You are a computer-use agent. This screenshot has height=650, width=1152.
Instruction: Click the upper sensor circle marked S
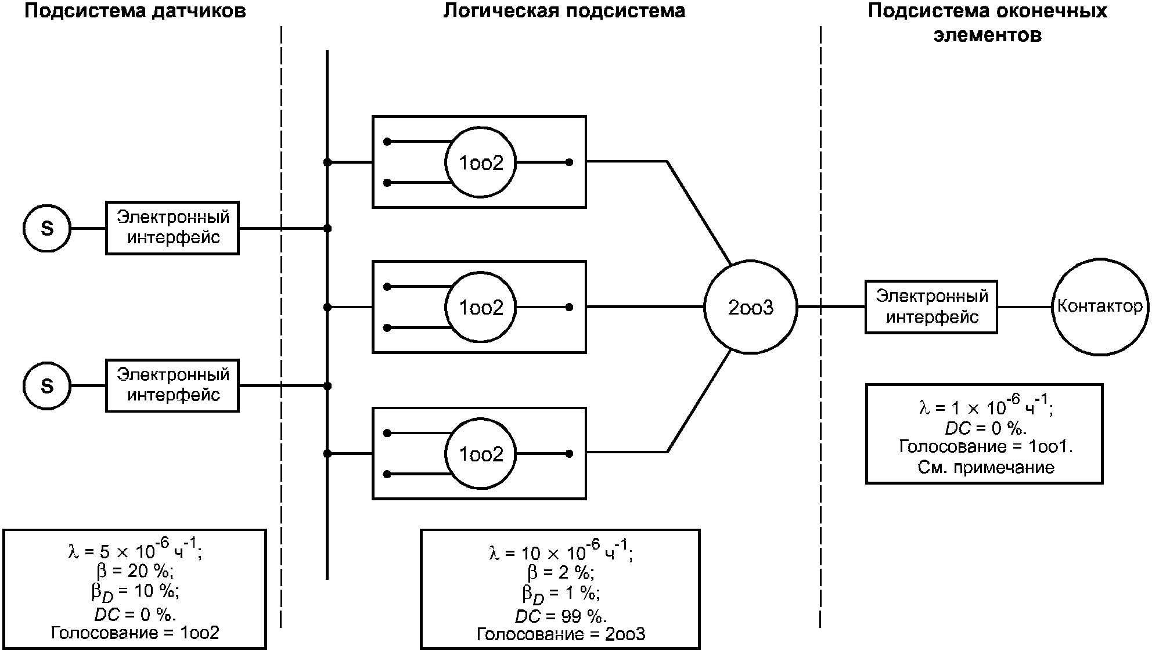tap(46, 228)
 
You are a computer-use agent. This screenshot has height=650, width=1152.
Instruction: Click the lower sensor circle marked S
tap(46, 386)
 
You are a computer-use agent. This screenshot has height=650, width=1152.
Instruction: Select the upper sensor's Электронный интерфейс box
tap(172, 228)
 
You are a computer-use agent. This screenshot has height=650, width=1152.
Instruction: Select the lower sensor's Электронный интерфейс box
tap(172, 386)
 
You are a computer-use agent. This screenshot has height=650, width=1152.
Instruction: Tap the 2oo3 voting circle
tap(751, 307)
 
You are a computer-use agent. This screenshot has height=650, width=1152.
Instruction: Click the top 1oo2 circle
tap(481, 163)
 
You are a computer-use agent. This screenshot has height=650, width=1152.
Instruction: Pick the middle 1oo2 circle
tap(481, 308)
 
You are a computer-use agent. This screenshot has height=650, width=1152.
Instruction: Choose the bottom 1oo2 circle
tap(481, 454)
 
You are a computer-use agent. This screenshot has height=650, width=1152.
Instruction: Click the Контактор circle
tap(1100, 307)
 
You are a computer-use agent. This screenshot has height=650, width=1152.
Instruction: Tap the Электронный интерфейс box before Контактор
tap(931, 307)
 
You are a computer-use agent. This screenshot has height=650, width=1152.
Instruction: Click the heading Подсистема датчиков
tap(135, 11)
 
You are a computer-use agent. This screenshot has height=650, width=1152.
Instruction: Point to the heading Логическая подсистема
tap(564, 11)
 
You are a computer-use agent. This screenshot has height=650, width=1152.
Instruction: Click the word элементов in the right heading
tap(987, 35)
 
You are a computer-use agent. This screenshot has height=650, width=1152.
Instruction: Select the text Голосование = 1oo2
tap(135, 633)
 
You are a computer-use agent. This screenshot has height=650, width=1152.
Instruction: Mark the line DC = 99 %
tap(561, 616)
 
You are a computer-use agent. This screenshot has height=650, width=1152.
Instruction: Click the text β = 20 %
tap(135, 571)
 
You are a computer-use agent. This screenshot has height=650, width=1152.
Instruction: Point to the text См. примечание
tap(986, 467)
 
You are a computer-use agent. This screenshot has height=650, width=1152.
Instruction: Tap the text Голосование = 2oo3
tap(561, 634)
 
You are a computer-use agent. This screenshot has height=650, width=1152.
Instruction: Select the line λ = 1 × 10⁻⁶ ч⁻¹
tap(986, 407)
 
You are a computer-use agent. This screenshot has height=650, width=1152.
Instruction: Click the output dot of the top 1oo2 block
tap(569, 162)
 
